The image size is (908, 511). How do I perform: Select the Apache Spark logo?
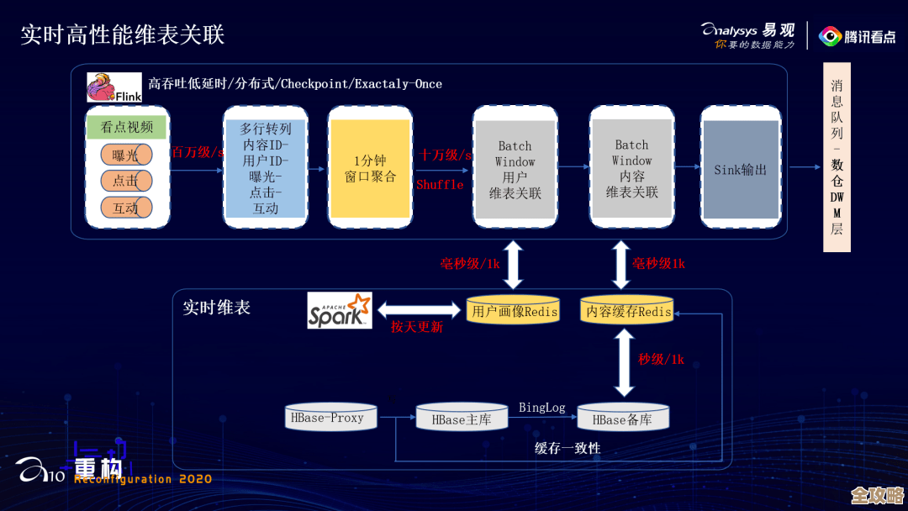point(340,310)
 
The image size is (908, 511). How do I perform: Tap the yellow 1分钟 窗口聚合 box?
point(371,168)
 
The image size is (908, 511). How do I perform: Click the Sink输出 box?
point(740,170)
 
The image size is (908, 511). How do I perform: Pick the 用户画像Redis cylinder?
point(514,311)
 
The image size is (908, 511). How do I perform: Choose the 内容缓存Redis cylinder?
point(629,311)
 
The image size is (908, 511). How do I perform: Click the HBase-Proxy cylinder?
point(331,418)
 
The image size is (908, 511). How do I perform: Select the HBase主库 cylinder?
point(462,419)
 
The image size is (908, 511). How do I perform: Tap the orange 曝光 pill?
point(126,155)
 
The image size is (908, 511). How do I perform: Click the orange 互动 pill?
point(126,208)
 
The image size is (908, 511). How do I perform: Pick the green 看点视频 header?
point(127,127)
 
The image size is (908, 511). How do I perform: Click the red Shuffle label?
point(440,185)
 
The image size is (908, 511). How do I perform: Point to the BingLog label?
point(541,408)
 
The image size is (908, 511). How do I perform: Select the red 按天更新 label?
point(416,327)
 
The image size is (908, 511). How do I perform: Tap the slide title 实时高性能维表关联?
point(123,35)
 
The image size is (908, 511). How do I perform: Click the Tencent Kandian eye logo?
point(830,36)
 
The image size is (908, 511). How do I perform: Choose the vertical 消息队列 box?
point(837,157)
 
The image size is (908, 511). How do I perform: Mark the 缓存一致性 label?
point(567,448)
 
